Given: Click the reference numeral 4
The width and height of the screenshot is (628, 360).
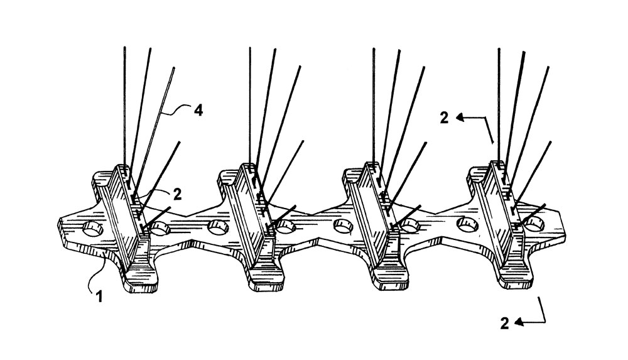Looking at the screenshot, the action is (198, 110).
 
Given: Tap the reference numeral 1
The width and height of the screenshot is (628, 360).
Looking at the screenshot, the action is (99, 297).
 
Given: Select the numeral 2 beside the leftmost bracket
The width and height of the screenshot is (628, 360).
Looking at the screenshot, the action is (177, 194).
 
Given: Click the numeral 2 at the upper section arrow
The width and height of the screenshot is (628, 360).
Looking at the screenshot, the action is (444, 118).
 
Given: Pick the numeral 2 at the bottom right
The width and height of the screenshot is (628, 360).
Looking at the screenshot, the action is (505, 323).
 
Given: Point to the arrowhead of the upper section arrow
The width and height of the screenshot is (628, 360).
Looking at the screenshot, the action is (460, 117).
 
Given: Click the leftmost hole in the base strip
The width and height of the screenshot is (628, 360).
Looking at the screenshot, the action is (92, 229).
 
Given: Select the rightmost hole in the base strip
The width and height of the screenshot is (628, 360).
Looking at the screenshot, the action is (534, 224).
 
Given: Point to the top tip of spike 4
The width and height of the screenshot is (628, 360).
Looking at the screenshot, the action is (174, 68).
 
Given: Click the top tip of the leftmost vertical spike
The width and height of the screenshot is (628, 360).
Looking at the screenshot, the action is (124, 47).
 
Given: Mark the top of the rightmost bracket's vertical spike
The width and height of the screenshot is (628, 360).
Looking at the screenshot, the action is (499, 48).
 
